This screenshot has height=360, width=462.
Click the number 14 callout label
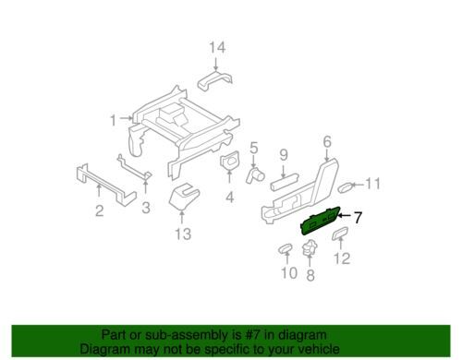217,47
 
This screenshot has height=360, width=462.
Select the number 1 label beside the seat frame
114,120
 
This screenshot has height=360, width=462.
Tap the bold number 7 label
358,218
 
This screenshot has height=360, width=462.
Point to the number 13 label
183,234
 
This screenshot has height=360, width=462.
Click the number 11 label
373,184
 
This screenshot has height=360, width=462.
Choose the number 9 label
284,154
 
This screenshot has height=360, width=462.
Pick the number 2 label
99,211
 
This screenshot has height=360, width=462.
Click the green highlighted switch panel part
321,221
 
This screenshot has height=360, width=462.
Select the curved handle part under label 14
215,80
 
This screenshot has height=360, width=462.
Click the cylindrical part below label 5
255,176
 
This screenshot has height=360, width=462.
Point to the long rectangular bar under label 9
285,182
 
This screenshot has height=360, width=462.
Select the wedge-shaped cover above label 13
184,197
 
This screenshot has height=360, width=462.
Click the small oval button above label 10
286,248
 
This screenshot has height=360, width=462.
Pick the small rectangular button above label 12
340,234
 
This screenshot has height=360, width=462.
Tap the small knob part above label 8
310,247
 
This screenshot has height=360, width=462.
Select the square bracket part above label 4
230,161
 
